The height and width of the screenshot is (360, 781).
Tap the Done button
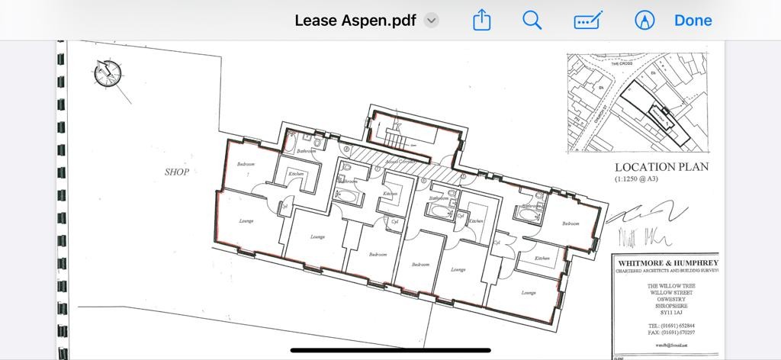[x=693, y=21]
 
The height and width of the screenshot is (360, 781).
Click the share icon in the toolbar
[x=481, y=21]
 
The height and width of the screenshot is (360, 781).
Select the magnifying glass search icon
[x=532, y=21]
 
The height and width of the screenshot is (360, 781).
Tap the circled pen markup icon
[x=644, y=21]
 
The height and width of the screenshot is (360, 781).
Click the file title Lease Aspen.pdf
[x=355, y=21]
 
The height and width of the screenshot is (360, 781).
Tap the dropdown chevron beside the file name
[x=432, y=21]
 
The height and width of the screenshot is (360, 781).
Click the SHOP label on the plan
[x=177, y=172]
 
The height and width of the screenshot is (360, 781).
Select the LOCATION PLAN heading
[x=661, y=167]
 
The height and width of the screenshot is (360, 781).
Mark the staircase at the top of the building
[x=396, y=140]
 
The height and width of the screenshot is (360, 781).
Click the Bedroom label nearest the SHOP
[x=245, y=165]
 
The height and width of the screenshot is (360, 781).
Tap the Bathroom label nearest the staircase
[x=306, y=151]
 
